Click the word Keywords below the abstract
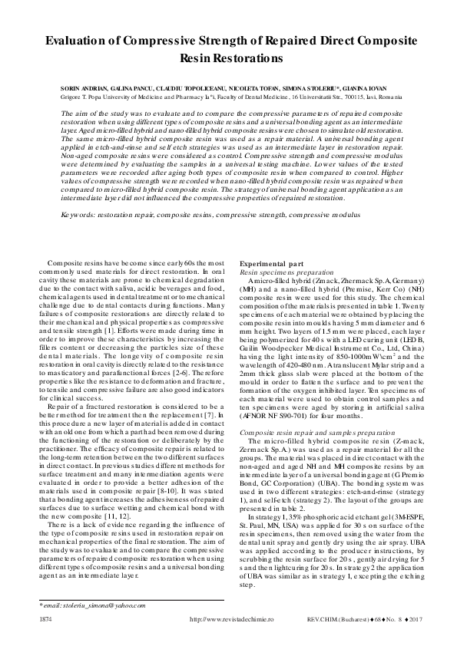click(x=81, y=217)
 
